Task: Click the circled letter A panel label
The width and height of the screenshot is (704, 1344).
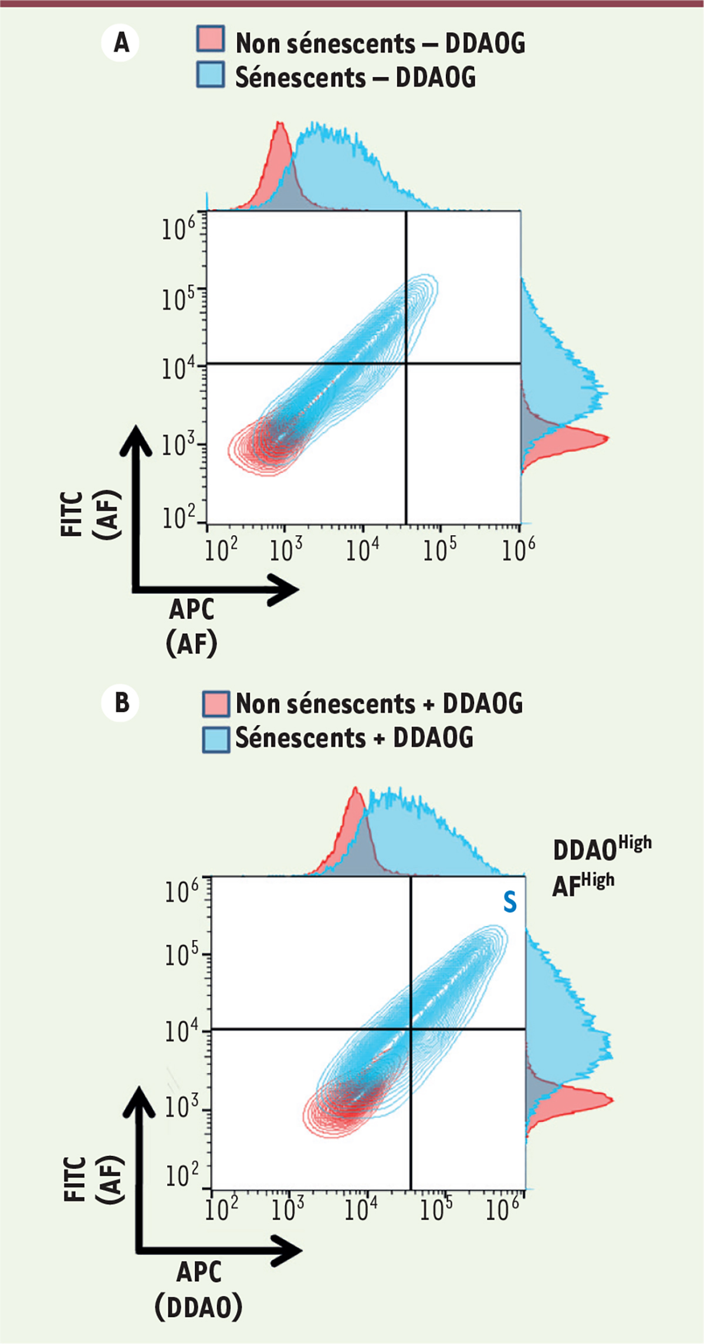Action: [x=121, y=43]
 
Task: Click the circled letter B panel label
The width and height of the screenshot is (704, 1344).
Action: [x=121, y=702]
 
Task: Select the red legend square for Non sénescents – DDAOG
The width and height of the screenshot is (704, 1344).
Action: [x=210, y=39]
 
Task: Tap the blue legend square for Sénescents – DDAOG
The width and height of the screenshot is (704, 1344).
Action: [x=210, y=74]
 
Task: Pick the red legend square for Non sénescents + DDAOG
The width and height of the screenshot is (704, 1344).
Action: [x=215, y=704]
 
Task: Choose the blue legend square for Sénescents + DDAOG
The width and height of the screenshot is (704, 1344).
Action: [x=215, y=739]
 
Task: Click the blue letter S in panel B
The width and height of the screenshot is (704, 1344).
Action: [x=510, y=902]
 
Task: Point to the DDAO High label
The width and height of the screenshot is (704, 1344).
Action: [x=601, y=848]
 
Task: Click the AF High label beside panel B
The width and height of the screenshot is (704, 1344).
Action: [x=583, y=884]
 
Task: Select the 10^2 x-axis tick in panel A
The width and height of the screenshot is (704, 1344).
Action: [x=221, y=550]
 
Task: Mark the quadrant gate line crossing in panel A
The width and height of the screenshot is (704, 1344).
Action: [x=406, y=364]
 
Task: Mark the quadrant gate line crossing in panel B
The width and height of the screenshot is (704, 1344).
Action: [x=411, y=1029]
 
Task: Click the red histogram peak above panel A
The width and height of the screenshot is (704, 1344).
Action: [x=280, y=124]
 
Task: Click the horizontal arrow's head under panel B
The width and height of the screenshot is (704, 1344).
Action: [x=287, y=1250]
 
